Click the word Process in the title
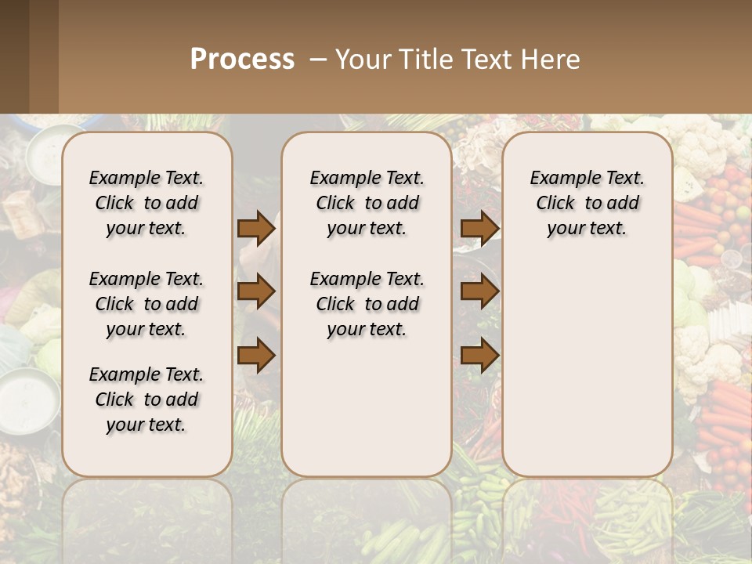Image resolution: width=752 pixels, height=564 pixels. [x=242, y=60]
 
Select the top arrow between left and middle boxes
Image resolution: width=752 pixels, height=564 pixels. [x=255, y=228]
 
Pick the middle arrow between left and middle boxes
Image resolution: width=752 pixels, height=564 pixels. [x=255, y=292]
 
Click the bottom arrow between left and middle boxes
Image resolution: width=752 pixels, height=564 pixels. [x=255, y=356]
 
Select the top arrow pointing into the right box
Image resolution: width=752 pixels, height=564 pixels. [x=479, y=228]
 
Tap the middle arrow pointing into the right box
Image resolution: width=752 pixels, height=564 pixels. [x=479, y=292]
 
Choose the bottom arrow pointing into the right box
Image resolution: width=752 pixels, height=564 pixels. [x=479, y=356]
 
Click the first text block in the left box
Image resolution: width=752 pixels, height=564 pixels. [x=146, y=203]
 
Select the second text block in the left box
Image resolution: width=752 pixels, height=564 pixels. [x=146, y=304]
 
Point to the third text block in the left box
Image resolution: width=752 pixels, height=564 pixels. [x=146, y=399]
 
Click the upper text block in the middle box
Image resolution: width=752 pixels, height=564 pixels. [x=367, y=203]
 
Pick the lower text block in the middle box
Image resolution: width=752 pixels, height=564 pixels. [x=367, y=304]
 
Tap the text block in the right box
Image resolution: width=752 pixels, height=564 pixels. [x=587, y=203]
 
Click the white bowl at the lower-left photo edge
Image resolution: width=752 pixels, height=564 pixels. [x=28, y=399]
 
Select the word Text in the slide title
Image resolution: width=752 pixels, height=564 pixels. [x=482, y=60]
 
